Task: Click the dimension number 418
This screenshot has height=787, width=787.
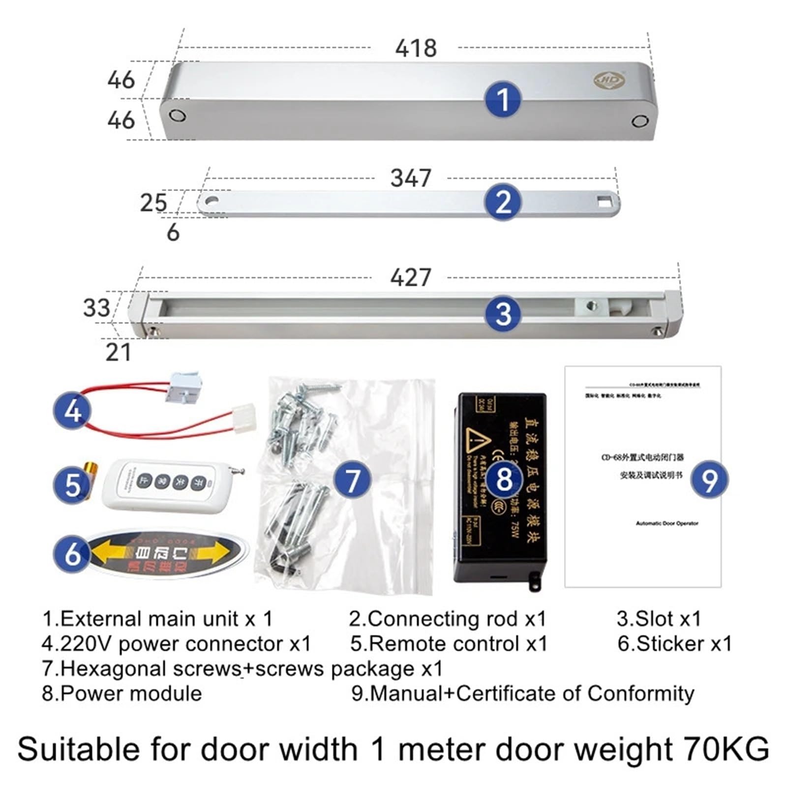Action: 416,48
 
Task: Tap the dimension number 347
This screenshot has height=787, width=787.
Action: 411,178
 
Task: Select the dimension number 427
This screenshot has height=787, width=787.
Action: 411,278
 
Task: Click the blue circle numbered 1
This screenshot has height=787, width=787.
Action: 503,100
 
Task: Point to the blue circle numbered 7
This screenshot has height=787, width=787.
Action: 352,480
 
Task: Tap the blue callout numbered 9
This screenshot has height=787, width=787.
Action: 709,480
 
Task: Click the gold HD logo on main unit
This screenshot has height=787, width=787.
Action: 609,80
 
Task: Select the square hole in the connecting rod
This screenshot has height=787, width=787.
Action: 603,201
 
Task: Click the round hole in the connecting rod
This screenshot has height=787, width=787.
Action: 212,201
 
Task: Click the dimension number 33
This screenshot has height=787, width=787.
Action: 96,308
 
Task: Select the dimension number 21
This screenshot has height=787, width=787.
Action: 119,353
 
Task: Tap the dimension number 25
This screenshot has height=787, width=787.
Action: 153,203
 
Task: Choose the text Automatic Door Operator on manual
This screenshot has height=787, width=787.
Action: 666,523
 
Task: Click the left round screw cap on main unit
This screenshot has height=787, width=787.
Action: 177,116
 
